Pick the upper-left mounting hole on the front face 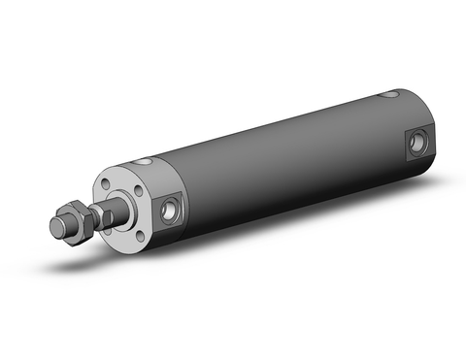click(110, 182)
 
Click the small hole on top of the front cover click(145, 160)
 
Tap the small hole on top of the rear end click(392, 96)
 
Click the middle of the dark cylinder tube click(282, 155)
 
